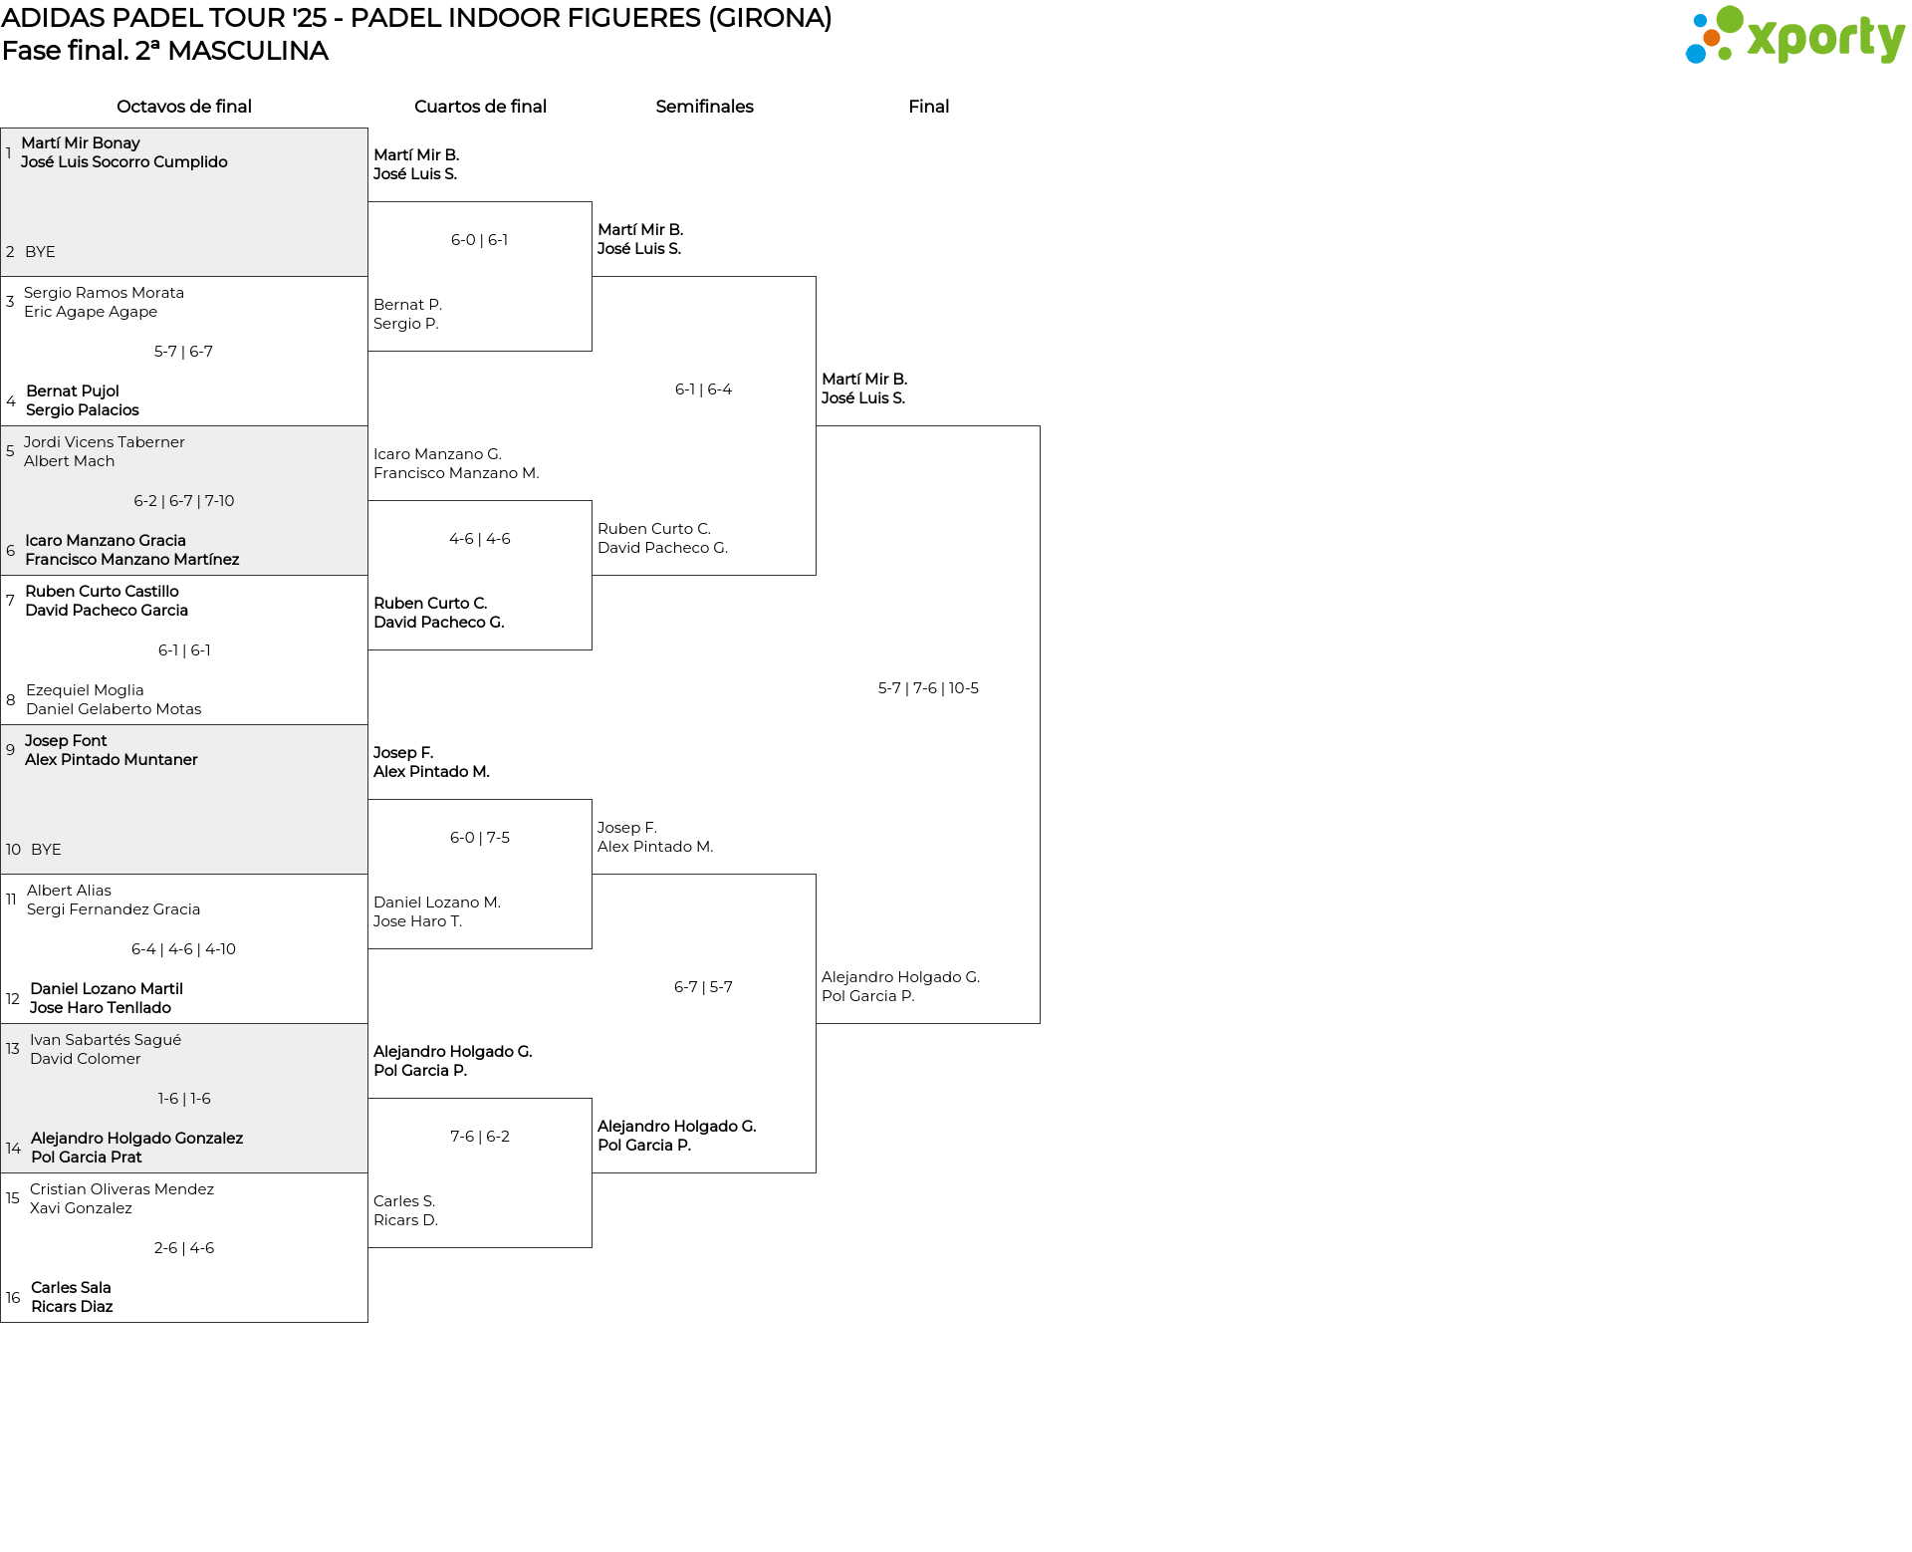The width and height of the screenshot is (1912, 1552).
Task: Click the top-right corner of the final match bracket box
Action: pyautogui.click(x=1040, y=426)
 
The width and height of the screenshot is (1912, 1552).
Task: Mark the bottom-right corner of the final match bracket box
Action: pyautogui.click(x=1040, y=1023)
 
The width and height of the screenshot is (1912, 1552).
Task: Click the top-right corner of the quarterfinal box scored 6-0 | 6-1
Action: pyautogui.click(x=592, y=202)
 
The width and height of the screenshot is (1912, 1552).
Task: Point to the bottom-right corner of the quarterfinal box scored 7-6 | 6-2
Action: pyautogui.click(x=592, y=1247)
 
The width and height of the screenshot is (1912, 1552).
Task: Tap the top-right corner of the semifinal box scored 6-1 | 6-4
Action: pyautogui.click(x=816, y=277)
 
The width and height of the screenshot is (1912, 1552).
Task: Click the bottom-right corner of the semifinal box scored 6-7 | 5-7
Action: pyautogui.click(x=816, y=1172)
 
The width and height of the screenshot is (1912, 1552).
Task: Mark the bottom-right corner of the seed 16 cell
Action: pyautogui.click(x=367, y=1322)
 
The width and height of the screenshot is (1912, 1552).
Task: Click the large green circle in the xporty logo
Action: pyautogui.click(x=1730, y=19)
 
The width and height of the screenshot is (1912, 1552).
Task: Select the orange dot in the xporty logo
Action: pyautogui.click(x=1712, y=38)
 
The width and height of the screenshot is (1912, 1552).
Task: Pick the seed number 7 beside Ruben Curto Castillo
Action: pyautogui.click(x=10, y=601)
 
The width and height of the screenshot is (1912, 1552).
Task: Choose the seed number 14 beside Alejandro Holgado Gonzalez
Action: pyautogui.click(x=13, y=1149)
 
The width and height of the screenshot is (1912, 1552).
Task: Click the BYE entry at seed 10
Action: pyautogui.click(x=46, y=850)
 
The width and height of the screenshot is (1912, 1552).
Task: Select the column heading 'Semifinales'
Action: pyautogui.click(x=704, y=107)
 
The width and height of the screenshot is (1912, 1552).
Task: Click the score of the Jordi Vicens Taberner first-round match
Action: pyautogui.click(x=184, y=501)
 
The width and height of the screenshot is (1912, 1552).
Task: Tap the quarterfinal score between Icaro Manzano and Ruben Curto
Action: pyautogui.click(x=480, y=539)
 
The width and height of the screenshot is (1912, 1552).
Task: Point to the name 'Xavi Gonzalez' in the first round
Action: pyautogui.click(x=81, y=1208)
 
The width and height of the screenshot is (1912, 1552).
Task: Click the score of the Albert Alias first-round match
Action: pyautogui.click(x=184, y=949)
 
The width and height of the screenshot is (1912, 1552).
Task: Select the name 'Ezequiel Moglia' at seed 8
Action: pyautogui.click(x=85, y=690)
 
